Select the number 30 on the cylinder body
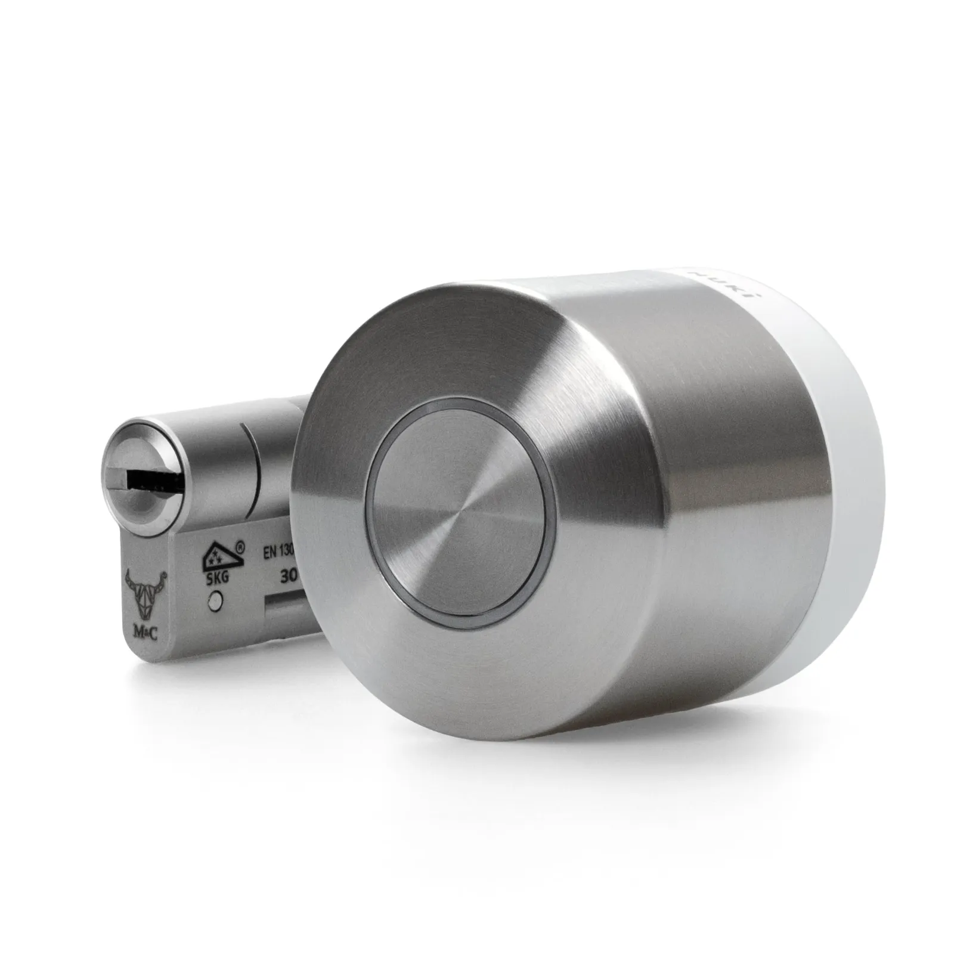289,577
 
